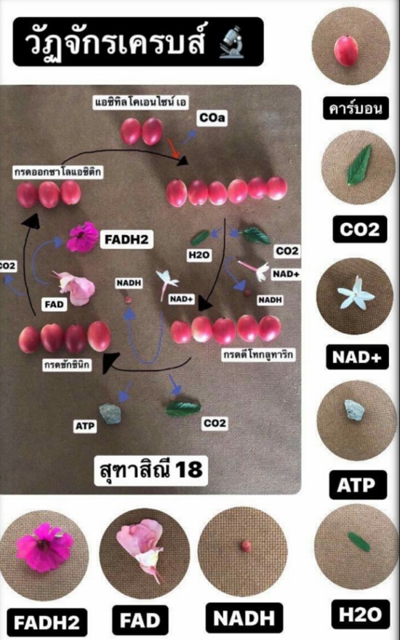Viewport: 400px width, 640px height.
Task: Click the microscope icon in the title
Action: pos(231,41)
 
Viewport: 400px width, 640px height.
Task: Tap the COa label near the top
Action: pos(212,118)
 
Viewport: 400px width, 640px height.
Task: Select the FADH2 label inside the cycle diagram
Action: pos(127,239)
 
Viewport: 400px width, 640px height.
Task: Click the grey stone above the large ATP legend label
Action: pos(353,409)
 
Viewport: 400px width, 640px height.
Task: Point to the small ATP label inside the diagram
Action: pos(85,426)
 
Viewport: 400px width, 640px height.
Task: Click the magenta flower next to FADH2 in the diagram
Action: pos(83,237)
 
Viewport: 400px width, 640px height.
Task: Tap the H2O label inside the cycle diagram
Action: pos(199,255)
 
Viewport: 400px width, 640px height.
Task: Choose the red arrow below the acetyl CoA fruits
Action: pos(174,148)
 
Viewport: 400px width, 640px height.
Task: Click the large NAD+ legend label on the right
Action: pos(357,357)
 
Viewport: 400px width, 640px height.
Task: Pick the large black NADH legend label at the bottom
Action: pos(244,618)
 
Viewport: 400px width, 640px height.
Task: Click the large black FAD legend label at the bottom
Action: pos(140,620)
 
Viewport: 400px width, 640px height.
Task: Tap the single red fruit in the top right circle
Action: pos(345,51)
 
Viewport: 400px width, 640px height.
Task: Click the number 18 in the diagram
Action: pos(188,468)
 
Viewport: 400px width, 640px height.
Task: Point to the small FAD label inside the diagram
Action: pos(55,305)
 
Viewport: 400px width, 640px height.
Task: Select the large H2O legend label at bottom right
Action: pos(360,615)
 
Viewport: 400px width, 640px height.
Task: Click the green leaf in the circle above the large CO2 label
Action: pos(359,164)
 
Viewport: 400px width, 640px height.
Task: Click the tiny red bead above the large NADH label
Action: pos(246,545)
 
